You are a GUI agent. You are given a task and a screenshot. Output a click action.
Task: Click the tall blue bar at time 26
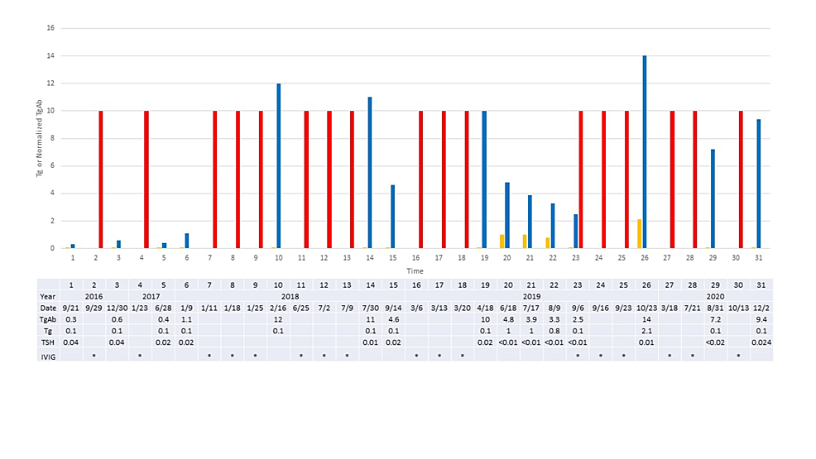[645, 152]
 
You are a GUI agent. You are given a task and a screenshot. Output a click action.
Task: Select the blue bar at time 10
[278, 165]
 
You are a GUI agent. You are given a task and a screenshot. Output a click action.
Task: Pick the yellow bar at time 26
[639, 234]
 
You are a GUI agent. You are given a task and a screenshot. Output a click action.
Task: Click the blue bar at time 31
[759, 184]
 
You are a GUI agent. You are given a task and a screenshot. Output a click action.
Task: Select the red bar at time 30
[741, 179]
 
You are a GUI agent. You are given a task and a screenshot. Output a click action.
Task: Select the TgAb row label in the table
[49, 319]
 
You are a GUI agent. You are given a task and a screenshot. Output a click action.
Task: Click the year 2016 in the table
[94, 295]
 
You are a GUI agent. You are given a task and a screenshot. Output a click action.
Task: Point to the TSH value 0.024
[759, 342]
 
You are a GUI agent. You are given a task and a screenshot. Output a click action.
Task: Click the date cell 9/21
[71, 308]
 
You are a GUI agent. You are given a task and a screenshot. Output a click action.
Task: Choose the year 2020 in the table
[713, 295]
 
